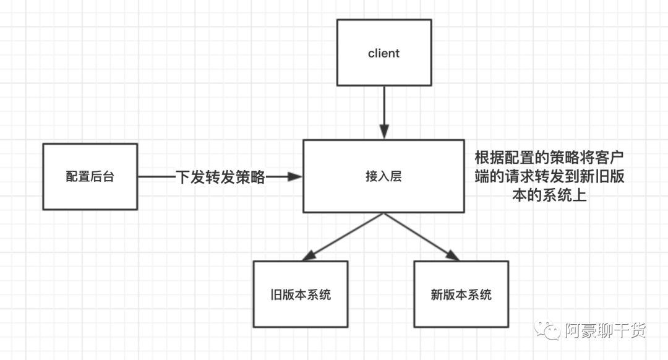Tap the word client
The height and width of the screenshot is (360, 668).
pos(383,53)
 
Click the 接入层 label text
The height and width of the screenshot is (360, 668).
pos(383,176)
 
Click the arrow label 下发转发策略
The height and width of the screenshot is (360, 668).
pos(220,178)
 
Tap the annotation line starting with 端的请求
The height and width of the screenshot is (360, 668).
pos(549,176)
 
